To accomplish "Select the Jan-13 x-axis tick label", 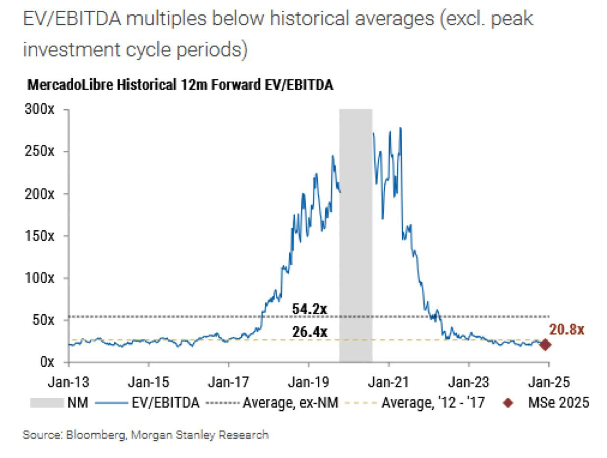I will point(69,381).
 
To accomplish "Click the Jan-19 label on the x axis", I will point(309,381).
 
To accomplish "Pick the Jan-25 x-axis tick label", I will point(549,381).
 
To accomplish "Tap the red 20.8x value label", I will point(566,329).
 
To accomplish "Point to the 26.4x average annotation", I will point(309,332).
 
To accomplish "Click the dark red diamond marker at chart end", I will point(545,345).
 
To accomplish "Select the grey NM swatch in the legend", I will point(46,403).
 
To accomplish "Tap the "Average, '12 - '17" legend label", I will point(433,403).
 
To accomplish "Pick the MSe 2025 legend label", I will point(558,403).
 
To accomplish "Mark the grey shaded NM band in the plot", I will point(356,236).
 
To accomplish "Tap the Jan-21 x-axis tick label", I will point(388,381).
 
